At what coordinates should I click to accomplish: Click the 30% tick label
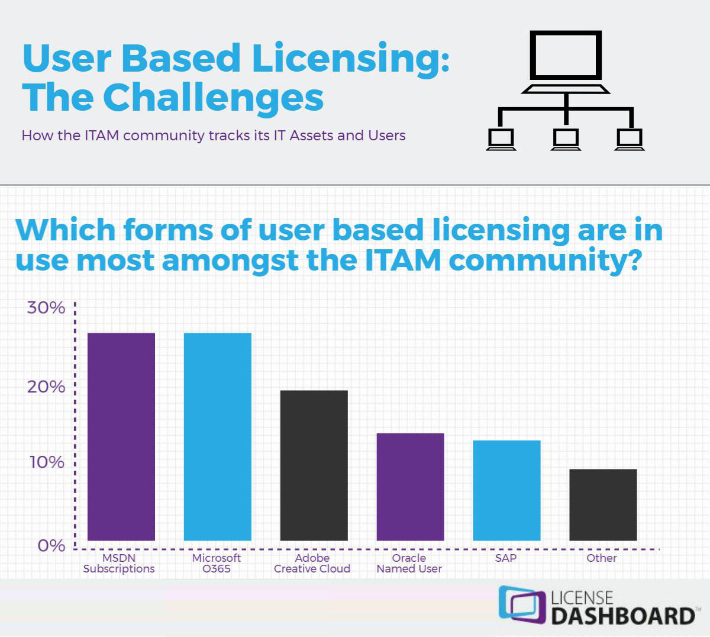46,308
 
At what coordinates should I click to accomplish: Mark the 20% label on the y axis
46,387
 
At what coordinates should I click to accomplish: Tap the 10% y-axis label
47,462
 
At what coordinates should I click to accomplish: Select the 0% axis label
51,546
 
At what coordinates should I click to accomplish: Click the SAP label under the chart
506,558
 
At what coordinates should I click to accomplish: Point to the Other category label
602,558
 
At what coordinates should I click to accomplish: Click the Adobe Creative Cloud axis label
312,563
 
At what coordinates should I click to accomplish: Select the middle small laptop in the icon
566,139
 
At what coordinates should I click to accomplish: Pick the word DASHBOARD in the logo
623,616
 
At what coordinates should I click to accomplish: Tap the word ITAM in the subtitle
102,136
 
